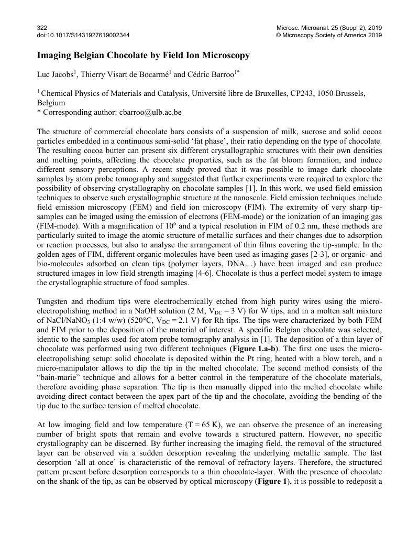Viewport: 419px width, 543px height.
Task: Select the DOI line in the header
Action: [83, 35]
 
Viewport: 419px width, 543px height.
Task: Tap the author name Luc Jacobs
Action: [54, 75]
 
